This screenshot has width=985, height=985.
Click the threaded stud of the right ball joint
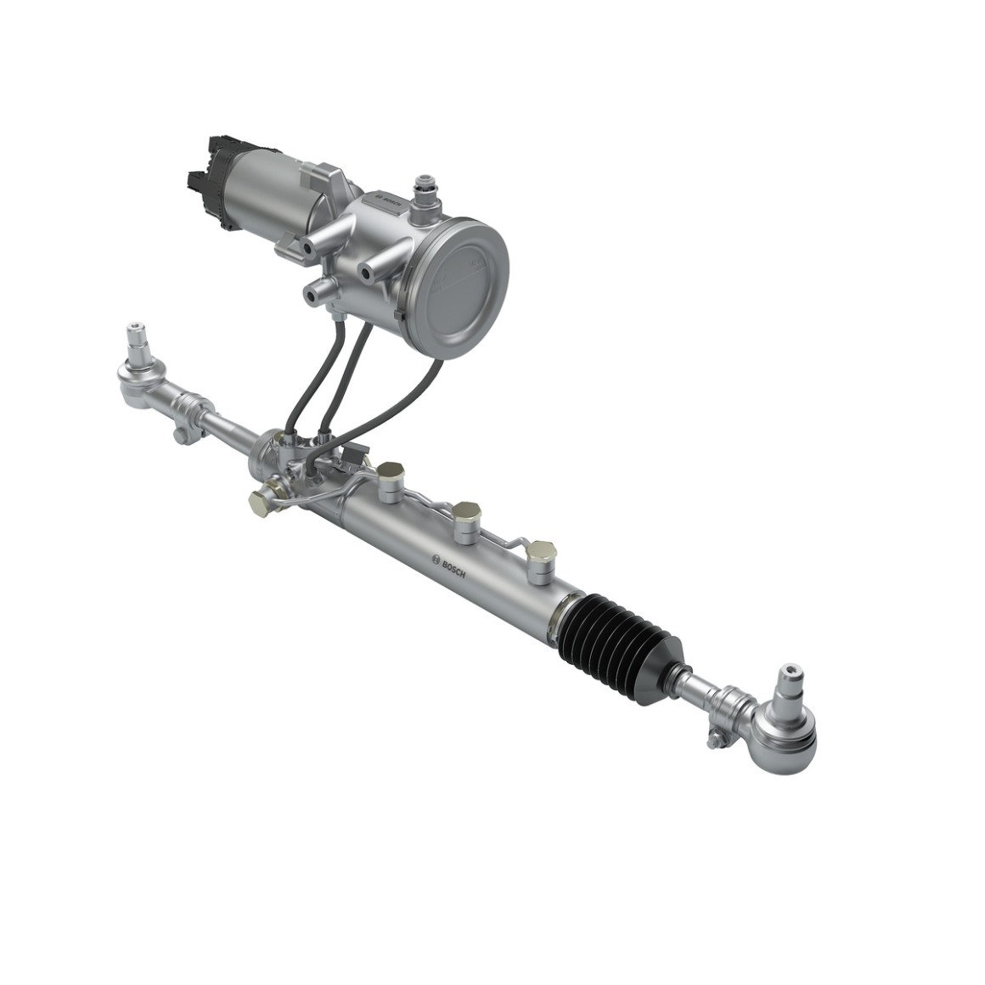point(790,679)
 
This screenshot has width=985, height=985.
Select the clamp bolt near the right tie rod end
point(718,740)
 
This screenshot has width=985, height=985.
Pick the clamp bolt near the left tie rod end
point(180,435)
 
